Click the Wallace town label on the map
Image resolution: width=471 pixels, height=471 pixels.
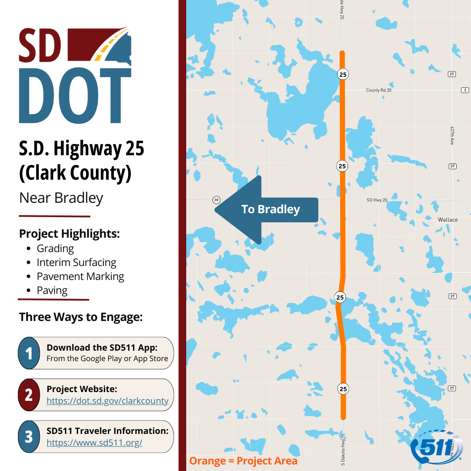coord(447,220)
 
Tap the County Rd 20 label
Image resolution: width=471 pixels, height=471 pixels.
coord(379,90)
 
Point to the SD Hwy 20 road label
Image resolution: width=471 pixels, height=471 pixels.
coord(377,200)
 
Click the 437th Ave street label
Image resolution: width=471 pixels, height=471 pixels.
coord(452,136)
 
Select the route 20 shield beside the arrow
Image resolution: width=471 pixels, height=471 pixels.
coord(216,200)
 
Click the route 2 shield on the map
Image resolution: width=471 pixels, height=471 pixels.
coord(465,90)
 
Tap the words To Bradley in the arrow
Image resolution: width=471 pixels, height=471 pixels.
coord(270,209)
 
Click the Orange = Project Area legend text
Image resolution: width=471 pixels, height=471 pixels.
coord(243,461)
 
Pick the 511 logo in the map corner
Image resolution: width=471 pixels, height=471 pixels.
coord(437,445)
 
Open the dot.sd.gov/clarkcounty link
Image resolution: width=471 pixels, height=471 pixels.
coord(107,401)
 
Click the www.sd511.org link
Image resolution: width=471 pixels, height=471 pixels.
coord(94,443)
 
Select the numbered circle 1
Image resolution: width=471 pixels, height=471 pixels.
coord(29,353)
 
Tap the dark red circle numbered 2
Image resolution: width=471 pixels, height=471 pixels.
coord(29,395)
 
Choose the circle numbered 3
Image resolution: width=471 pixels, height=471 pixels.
coord(29,437)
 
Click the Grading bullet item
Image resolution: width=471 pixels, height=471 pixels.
coord(55,249)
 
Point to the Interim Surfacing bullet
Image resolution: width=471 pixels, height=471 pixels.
coord(76,263)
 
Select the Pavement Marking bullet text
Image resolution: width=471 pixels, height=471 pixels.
coord(80,276)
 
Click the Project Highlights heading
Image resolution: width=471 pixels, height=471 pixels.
coord(69,234)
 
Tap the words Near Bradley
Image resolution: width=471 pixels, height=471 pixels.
coord(61,198)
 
